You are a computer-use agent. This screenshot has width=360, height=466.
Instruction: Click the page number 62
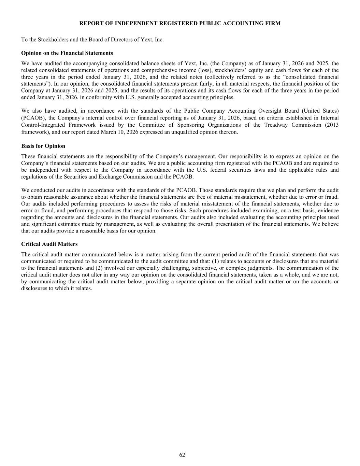pos(182,455)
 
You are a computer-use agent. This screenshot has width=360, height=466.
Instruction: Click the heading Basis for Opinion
pos(43,146)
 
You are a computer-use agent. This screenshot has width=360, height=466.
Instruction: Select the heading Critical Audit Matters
pos(49,244)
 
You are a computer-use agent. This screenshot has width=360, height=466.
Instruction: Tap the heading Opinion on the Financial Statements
pos(67,53)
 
